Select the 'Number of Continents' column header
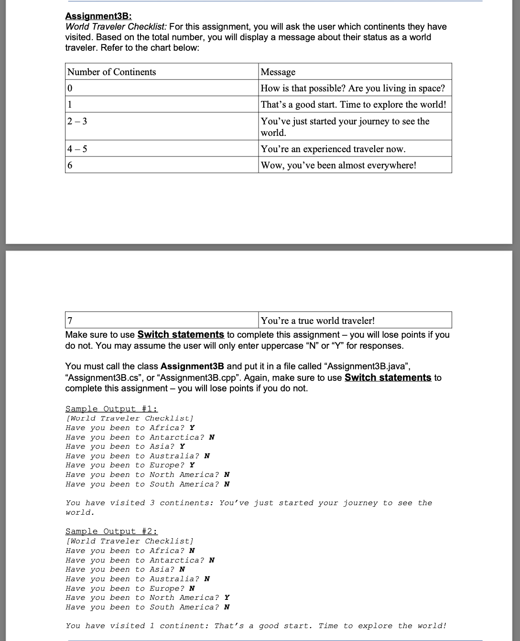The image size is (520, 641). point(111,72)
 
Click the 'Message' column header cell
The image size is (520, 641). point(278,72)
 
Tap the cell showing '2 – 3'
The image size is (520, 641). point(77,121)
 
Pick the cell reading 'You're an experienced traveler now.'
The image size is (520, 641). point(333,149)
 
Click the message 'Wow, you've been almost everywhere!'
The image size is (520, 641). point(338,165)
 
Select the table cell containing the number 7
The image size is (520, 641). point(71,320)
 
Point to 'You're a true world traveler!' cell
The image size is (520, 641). point(318,320)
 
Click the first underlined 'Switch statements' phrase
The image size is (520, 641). point(181,334)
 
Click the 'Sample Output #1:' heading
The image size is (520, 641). point(111,409)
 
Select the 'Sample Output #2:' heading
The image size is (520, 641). point(111,531)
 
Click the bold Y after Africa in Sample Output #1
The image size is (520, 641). point(192,428)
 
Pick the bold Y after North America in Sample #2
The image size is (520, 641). point(227,597)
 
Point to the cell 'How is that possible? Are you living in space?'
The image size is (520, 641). point(353,88)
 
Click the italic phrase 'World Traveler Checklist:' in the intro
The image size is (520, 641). point(116,27)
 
